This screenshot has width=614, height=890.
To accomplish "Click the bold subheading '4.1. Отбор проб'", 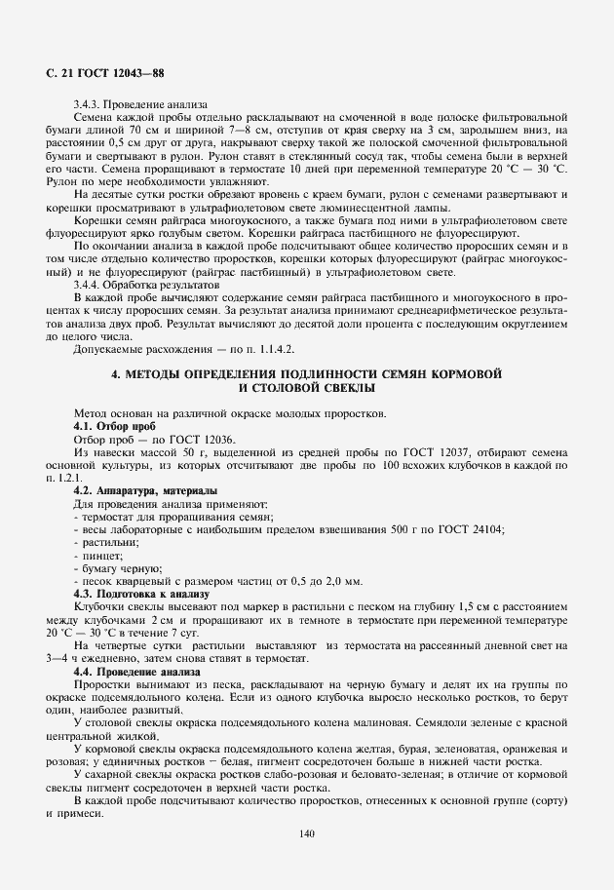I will (x=114, y=427).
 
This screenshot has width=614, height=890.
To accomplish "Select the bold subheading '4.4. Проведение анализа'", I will (x=136, y=673).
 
